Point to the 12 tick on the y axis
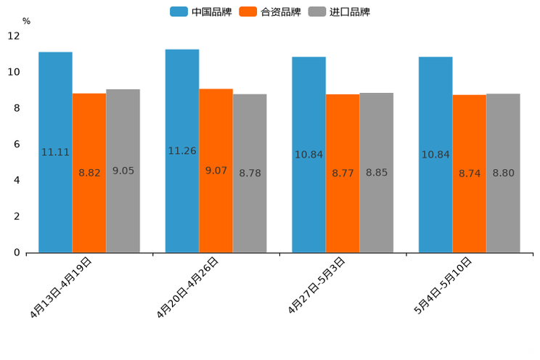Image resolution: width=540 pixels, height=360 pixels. point(14,36)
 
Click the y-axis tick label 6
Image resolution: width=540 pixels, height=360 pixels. point(17,144)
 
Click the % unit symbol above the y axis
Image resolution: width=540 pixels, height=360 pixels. point(26,21)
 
